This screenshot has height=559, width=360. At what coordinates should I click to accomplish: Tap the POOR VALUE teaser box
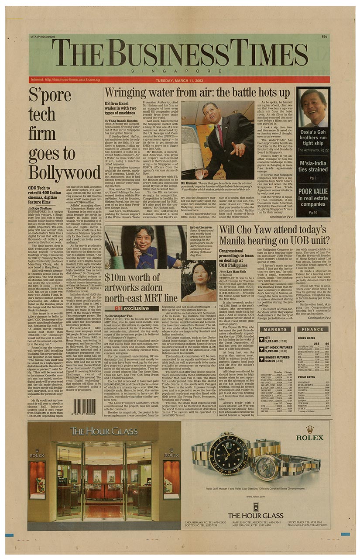pos(313,197)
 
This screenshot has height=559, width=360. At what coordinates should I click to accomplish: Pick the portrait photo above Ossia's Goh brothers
pos(314,107)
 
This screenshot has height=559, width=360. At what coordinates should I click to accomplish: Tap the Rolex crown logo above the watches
pos(309,429)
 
